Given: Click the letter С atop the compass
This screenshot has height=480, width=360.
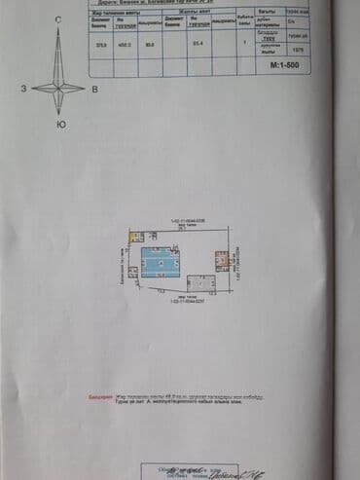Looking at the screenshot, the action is [x=58, y=20].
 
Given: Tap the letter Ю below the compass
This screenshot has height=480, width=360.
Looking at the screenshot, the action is [x=61, y=125].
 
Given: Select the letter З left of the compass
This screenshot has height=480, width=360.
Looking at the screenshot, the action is [x=22, y=89].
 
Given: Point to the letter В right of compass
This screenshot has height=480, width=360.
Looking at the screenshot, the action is [x=93, y=89].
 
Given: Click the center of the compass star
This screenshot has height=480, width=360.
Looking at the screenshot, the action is [x=58, y=88].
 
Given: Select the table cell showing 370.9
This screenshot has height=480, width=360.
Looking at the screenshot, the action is [x=100, y=44].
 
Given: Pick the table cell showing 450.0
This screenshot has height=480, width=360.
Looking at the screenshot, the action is [x=125, y=44].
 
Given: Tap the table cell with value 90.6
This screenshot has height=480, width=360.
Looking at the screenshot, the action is [x=149, y=44].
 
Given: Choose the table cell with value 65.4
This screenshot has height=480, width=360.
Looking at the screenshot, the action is [x=198, y=44].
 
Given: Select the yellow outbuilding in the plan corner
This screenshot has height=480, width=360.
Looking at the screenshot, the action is [x=137, y=237].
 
